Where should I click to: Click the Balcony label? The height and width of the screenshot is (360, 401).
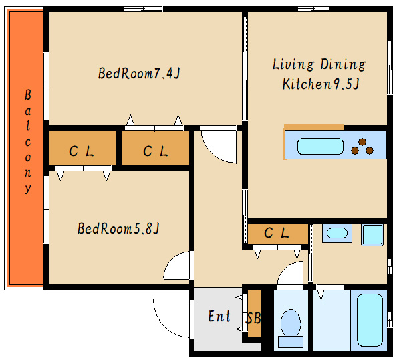28,141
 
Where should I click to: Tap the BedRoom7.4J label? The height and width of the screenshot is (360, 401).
139,73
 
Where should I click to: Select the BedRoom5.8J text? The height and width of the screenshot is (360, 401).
118,228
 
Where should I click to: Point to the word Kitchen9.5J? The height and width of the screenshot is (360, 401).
321,84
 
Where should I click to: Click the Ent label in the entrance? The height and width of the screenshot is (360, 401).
219,316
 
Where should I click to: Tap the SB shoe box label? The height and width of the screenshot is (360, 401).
253,319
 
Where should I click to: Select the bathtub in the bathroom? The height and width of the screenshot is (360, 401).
370,320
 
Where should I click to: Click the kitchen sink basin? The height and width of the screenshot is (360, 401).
320,146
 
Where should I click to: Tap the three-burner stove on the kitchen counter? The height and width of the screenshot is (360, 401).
362,147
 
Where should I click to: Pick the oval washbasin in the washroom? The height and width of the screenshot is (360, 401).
337,233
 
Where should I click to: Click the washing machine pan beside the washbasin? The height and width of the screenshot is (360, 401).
372,235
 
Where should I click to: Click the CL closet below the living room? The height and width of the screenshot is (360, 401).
278,234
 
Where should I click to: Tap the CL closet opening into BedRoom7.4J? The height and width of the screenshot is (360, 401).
156,148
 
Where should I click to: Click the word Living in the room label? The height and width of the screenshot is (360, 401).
293,64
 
